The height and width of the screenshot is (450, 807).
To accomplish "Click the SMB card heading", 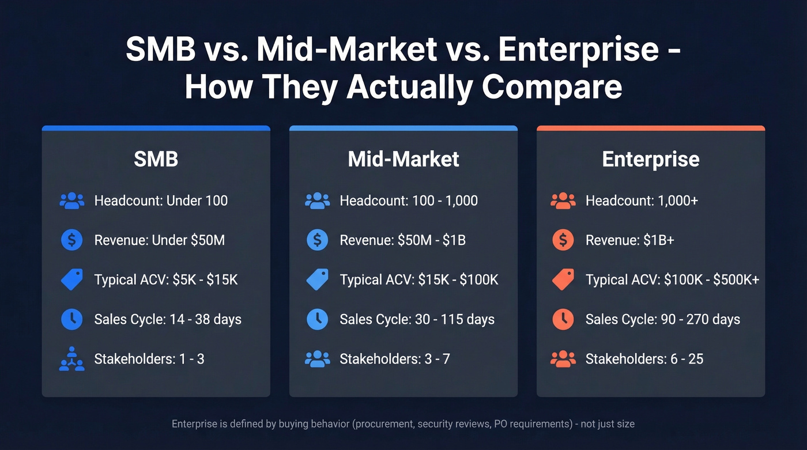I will pos(156,160).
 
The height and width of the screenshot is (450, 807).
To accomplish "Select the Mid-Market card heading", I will pos(403,160).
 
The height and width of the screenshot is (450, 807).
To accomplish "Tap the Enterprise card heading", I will pos(650,160).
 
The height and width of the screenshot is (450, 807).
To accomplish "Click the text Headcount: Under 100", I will pos(161,201).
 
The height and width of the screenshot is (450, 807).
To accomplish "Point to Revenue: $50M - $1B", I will pos(402,240).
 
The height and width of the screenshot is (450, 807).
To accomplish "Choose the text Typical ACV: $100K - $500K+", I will pos(672,280).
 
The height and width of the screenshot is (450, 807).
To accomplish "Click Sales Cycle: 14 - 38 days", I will pos(168,319).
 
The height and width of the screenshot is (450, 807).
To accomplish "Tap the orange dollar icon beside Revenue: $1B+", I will pos(563,240).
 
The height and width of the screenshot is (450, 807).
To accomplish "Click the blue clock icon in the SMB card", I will pos(71,319).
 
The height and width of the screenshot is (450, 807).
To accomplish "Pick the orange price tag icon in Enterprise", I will pos(563,280).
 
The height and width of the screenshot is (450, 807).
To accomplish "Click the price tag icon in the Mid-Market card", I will pos(317,280).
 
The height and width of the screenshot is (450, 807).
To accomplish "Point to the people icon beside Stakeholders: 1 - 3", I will pos(71,359).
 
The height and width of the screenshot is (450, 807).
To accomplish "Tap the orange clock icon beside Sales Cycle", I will pos(563,319).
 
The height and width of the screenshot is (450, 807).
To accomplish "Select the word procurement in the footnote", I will pos(383,424).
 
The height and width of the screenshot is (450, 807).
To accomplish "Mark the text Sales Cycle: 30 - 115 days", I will pos(417,319).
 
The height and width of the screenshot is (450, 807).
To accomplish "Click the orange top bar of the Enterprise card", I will pos(650,128).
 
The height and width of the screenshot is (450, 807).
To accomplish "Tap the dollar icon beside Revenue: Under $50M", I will pos(71,240).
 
